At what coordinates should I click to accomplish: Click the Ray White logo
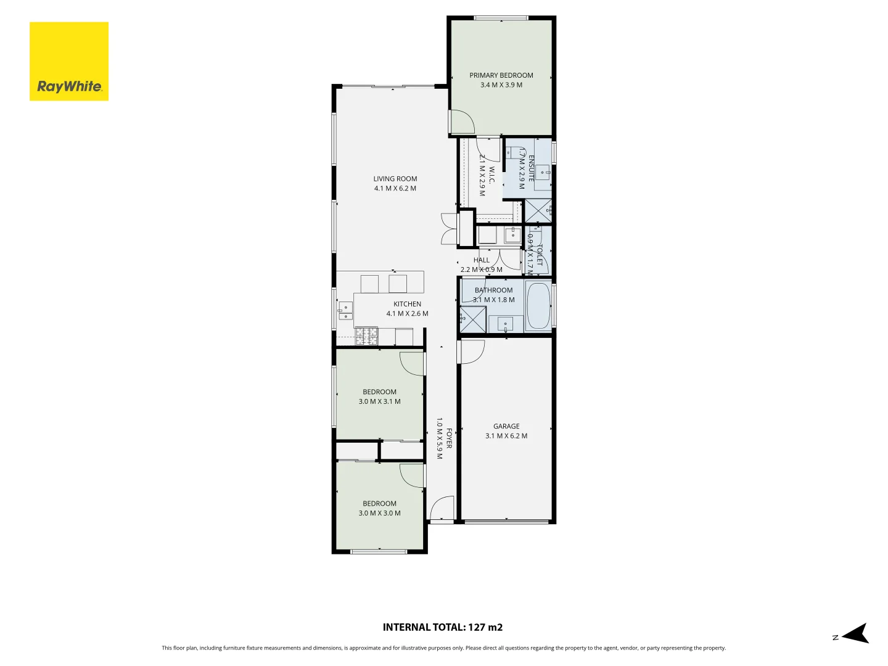click(69, 62)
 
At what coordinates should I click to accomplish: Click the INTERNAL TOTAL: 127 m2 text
click(442, 627)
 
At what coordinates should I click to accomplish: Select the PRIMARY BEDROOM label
click(501, 75)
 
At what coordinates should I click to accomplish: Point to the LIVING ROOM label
click(395, 179)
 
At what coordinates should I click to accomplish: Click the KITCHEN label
click(407, 304)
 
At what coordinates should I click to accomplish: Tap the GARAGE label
click(506, 426)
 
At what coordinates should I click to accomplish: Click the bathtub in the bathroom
click(538, 306)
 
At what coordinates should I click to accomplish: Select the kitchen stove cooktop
click(366, 336)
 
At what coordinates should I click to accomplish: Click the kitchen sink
click(345, 311)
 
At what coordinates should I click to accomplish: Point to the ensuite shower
click(538, 211)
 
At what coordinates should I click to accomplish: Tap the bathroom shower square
click(473, 319)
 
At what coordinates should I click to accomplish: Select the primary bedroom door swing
click(461, 122)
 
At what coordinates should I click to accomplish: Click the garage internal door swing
click(472, 351)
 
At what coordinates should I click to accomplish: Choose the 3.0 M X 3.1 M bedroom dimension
click(379, 401)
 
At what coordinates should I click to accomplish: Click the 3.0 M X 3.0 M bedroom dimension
click(379, 513)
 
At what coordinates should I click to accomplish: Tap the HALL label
click(481, 260)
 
